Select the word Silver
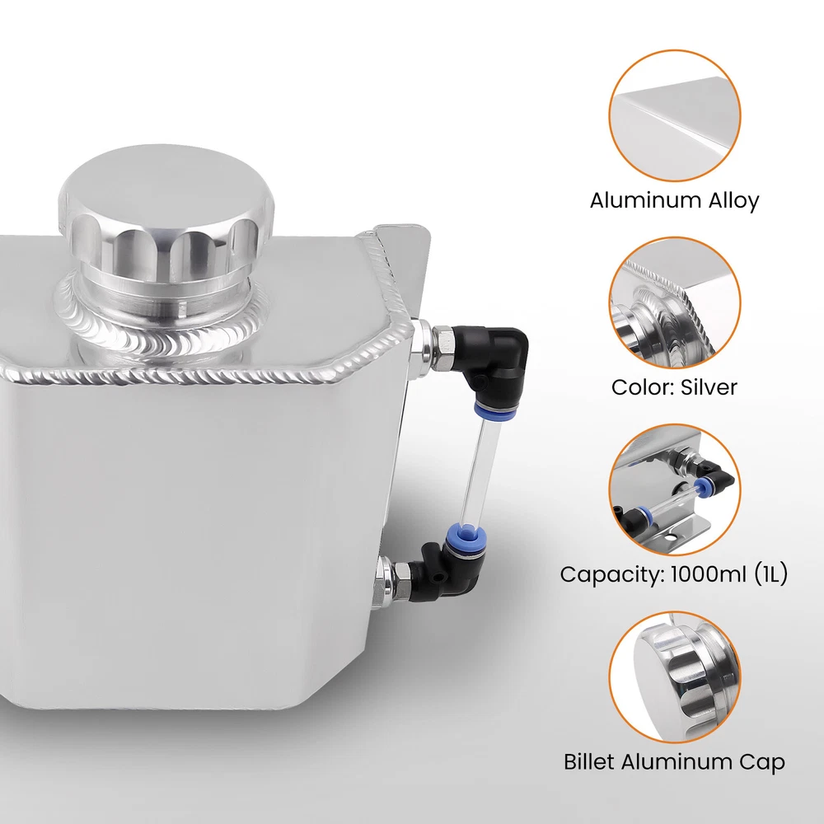click(x=709, y=387)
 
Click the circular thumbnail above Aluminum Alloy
click(x=675, y=115)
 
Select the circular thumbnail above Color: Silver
click(x=675, y=302)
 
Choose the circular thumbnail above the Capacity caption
click(x=675, y=489)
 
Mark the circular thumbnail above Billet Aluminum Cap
click(x=675, y=677)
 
